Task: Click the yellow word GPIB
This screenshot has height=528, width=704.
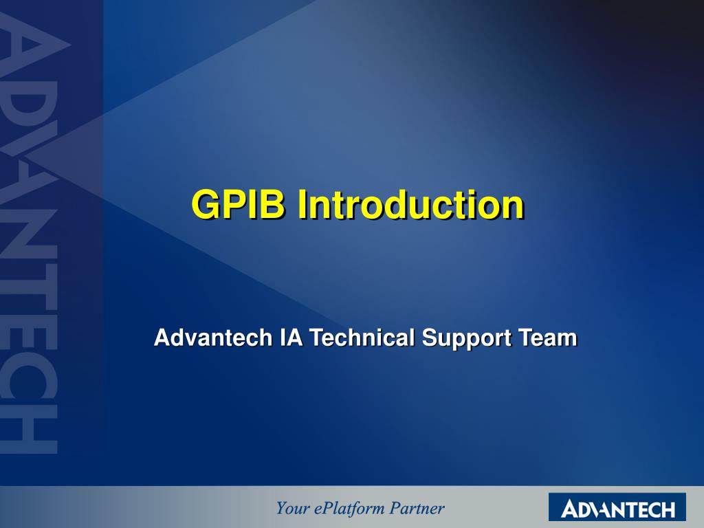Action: pos(238,204)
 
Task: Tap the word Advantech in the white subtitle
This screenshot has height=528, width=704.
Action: pos(213,337)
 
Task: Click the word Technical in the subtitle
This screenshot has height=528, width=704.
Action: pos(362,337)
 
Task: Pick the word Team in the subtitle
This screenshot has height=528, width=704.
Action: pos(547,337)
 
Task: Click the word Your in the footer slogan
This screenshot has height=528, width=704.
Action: pos(292,508)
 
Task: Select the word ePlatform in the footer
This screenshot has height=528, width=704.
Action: pos(349,509)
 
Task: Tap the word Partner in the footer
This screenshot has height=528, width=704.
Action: pos(417,508)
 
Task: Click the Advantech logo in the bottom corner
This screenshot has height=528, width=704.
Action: pos(617,508)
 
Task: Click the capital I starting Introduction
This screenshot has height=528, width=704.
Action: pos(302,204)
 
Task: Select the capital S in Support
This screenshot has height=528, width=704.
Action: pos(430,337)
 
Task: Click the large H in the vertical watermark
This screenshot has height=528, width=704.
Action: pos(29,429)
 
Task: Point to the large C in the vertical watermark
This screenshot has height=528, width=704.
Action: pos(29,379)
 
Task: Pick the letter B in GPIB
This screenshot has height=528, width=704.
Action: pos(272,204)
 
